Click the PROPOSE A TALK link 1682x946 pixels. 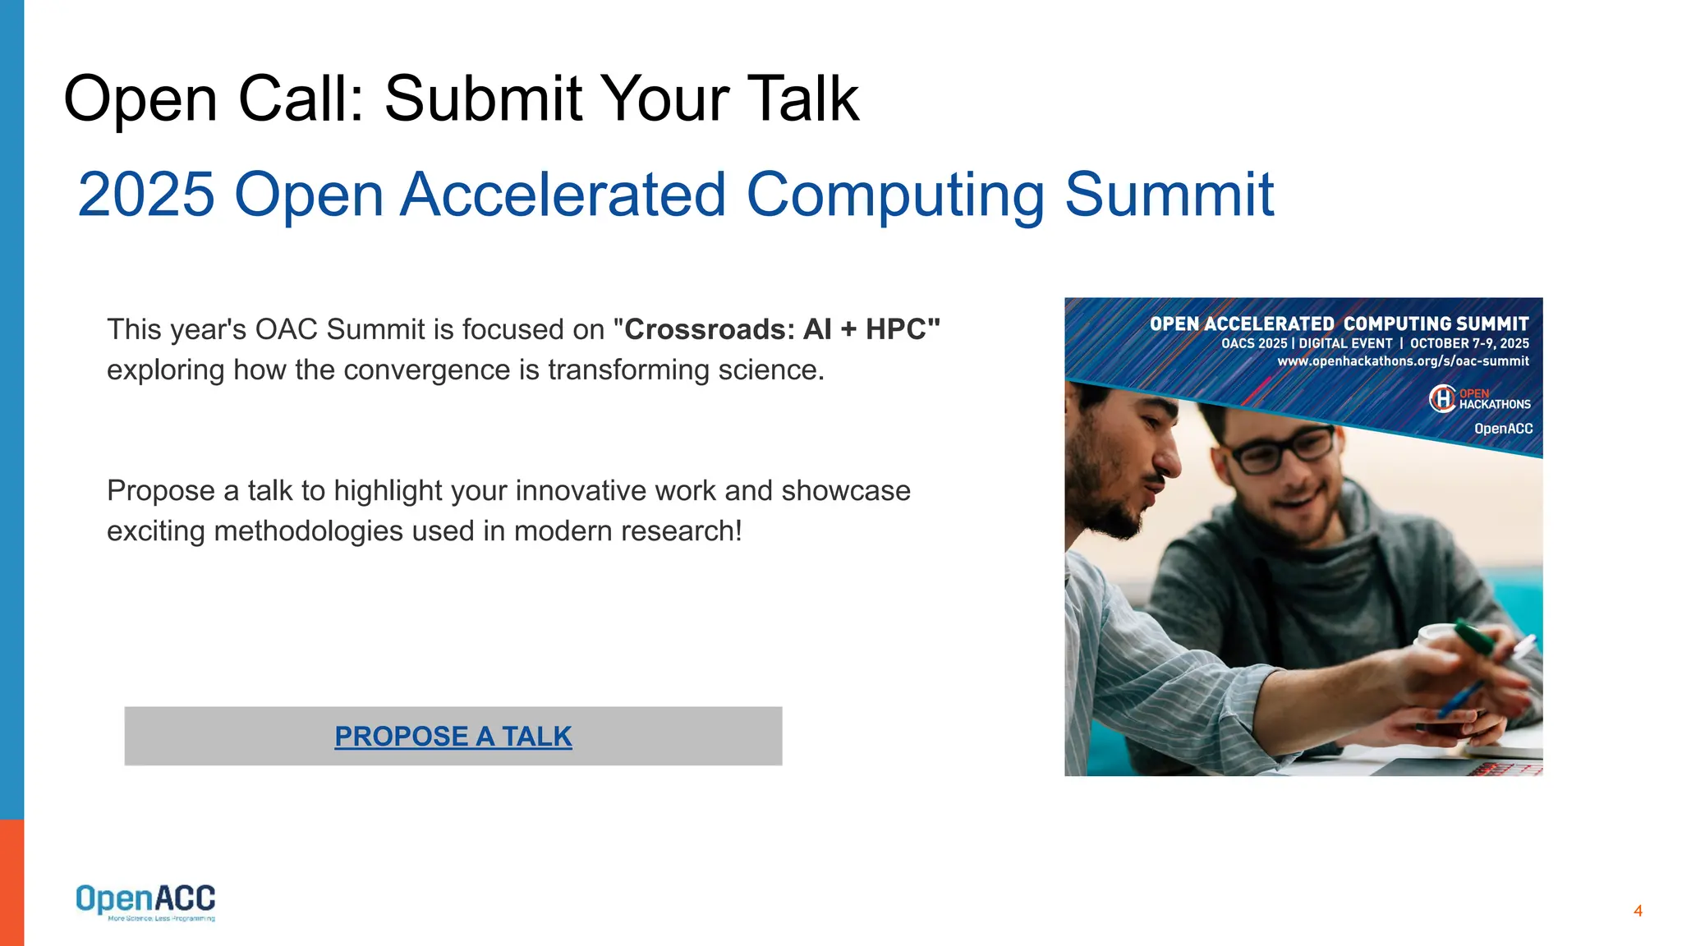(453, 736)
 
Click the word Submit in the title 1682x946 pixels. (484, 99)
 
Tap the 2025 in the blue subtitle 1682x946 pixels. (146, 195)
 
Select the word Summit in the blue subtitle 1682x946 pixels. (1169, 195)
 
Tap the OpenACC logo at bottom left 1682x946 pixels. (145, 902)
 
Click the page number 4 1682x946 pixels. (1638, 911)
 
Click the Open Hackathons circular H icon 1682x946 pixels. (1442, 399)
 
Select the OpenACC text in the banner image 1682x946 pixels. (1503, 429)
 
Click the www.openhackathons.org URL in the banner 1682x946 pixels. (1403, 361)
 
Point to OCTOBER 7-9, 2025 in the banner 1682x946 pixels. (1469, 343)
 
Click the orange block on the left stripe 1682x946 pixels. (11, 882)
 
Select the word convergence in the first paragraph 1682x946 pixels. (432, 370)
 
